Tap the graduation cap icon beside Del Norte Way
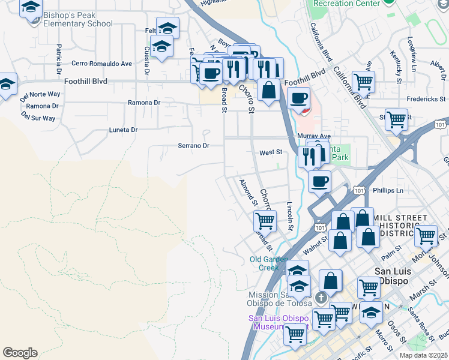click(6, 85)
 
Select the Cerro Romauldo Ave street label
click(101, 63)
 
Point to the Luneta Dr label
click(123, 130)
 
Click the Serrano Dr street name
click(193, 146)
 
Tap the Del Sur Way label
click(38, 118)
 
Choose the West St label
click(271, 153)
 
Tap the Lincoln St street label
click(290, 215)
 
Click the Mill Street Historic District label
click(400, 225)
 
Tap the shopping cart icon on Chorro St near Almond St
click(265, 220)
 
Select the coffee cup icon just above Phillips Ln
click(319, 180)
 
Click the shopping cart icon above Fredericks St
click(363, 81)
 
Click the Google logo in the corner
click(20, 353)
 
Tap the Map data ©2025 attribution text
click(423, 355)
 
